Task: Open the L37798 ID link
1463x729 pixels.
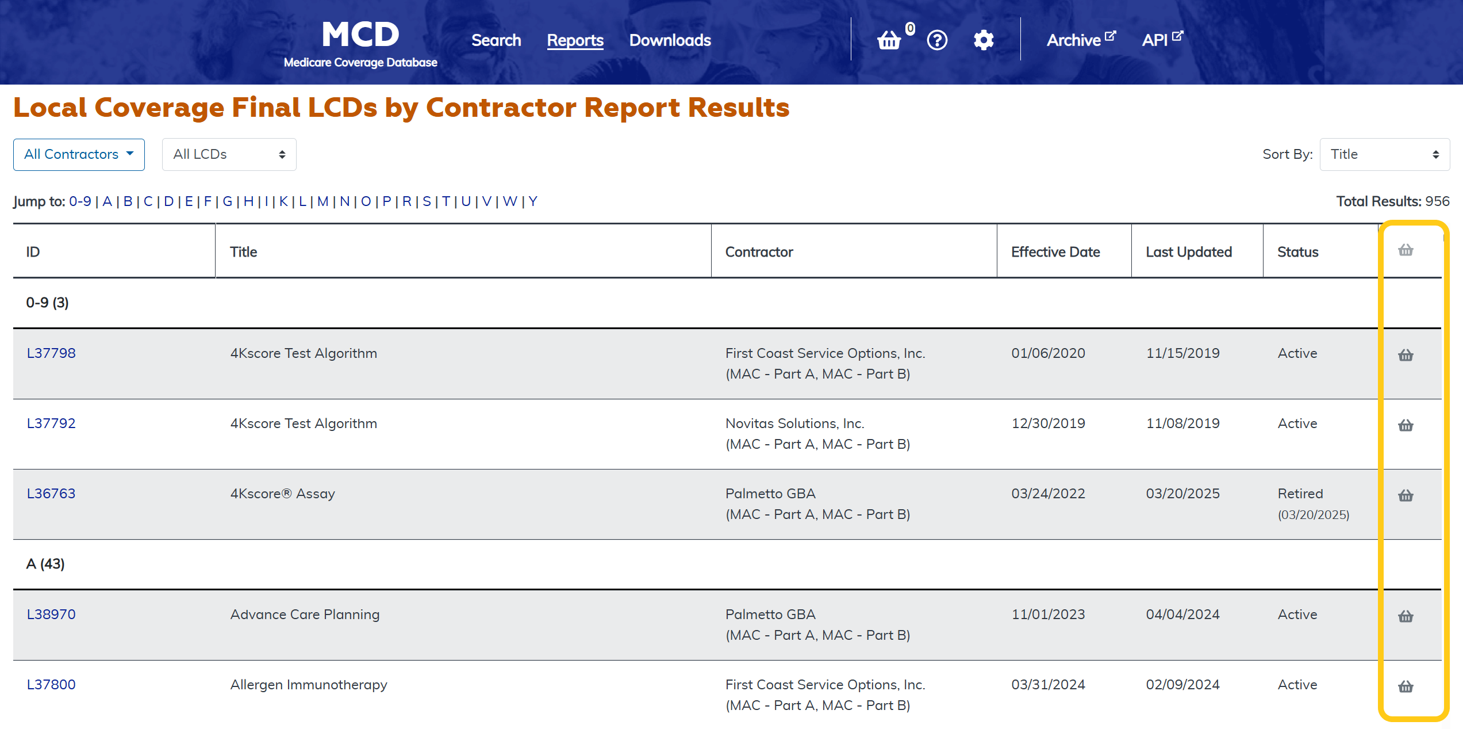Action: (x=51, y=353)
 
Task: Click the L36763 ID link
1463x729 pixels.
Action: (x=51, y=494)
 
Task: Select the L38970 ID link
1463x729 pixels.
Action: (x=51, y=615)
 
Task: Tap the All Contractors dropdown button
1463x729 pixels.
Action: (x=79, y=154)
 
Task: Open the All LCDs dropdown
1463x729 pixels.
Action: (x=229, y=154)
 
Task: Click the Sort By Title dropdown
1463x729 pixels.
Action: (x=1384, y=154)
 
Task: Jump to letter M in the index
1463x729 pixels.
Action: (x=322, y=201)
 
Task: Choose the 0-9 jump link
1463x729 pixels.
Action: (x=80, y=201)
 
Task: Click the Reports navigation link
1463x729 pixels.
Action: (x=575, y=40)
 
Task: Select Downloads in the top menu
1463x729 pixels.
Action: (x=670, y=40)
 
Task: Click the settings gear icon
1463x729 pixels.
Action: (x=984, y=40)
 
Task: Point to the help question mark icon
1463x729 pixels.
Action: (x=937, y=40)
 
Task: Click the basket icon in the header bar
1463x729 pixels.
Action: (x=889, y=40)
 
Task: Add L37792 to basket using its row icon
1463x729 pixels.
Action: (x=1406, y=426)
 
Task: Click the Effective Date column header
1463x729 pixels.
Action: (x=1055, y=252)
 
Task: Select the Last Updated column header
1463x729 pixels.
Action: (x=1188, y=252)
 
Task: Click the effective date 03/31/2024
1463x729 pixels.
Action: (x=1048, y=685)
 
